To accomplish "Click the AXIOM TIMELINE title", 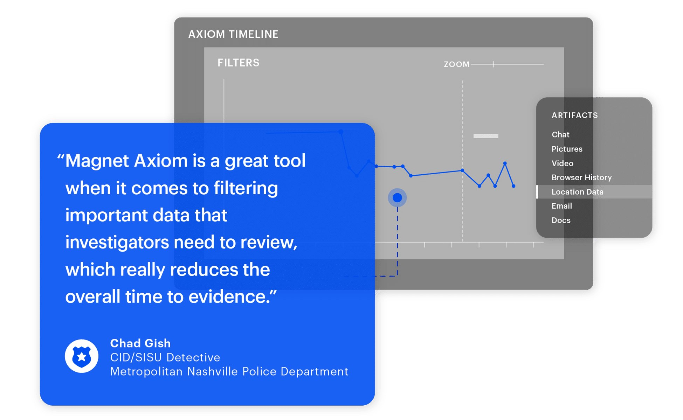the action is pos(233,34).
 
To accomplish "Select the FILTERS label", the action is pos(239,63).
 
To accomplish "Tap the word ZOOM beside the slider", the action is pos(456,64).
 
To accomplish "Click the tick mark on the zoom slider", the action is pos(494,64).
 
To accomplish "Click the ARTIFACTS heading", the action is pos(575,115).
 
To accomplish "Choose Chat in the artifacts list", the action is pos(560,135).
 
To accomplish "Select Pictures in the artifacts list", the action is pos(567,149).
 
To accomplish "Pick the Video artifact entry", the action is pos(562,163).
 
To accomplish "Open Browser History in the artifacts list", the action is pos(581,177).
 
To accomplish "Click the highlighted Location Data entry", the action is pos(577,192).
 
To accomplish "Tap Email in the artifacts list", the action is pos(561,206).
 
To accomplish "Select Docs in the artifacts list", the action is pos(561,220).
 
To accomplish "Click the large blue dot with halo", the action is pos(397,198).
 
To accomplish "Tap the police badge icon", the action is pos(82,356).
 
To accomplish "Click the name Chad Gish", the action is pos(140,343).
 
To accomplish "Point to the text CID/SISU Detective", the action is pos(165,357).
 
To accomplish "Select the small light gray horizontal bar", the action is pos(486,136).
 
